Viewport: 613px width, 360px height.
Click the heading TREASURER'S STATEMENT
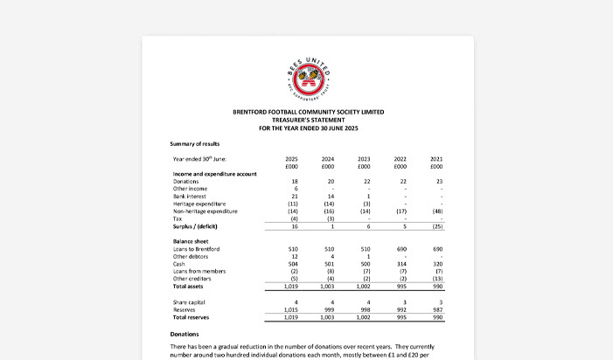pos(308,120)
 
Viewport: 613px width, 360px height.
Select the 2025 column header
pos(292,158)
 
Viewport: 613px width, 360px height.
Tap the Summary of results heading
pos(195,143)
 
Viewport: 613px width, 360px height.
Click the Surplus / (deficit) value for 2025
pos(293,227)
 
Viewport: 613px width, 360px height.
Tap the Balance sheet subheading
pos(194,241)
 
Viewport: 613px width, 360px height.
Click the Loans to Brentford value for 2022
pos(400,249)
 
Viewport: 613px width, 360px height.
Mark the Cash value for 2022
pos(400,264)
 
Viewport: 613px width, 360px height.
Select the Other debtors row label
pos(192,257)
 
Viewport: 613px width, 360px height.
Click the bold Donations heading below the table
pos(186,334)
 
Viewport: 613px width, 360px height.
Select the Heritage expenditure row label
pos(201,204)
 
